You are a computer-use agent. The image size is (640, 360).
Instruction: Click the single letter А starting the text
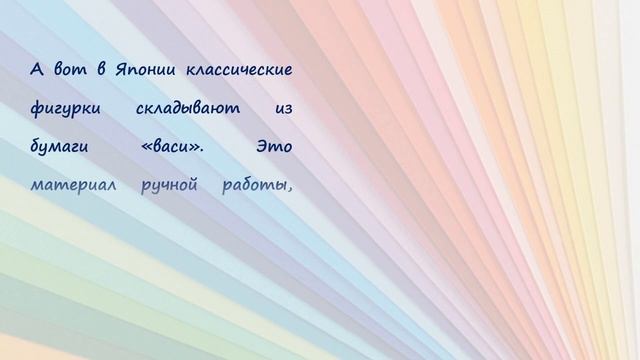(37, 69)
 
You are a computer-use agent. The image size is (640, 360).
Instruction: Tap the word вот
(66, 69)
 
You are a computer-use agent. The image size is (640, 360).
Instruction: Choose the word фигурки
(63, 108)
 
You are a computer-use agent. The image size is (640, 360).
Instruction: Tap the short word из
(282, 108)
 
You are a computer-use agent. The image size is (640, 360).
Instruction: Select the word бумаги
(59, 147)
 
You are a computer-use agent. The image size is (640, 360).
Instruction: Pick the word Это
(274, 147)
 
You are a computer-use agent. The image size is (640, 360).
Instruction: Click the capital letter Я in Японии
(121, 69)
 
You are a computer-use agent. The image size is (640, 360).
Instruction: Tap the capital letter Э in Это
(261, 147)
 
